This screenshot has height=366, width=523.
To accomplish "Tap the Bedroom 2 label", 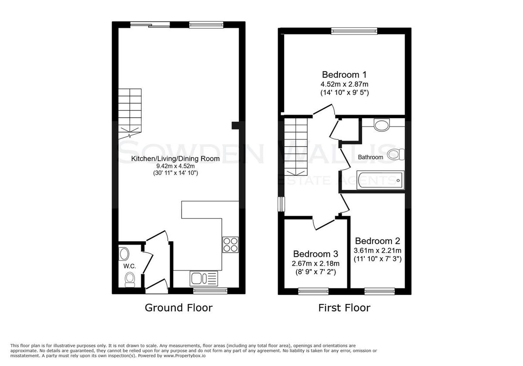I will tap(377, 241).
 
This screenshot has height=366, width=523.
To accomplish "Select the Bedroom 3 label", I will tap(316, 254).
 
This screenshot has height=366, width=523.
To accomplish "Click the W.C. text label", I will tap(130, 266).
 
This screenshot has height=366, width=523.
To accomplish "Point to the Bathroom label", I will tap(370, 157).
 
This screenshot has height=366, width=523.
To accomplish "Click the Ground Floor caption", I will tap(178, 308).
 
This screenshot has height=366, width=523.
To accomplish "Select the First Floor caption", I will tap(344, 308).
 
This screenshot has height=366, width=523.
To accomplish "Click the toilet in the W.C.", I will tap(129, 279).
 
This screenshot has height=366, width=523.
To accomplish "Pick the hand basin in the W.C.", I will tap(124, 254).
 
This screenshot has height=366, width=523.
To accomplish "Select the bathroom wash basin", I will tap(382, 125).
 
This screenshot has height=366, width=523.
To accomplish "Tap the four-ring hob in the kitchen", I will tap(231, 244).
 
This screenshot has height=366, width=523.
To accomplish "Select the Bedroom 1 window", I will tap(354, 31).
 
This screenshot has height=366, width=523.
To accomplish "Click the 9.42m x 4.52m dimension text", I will tap(175, 166).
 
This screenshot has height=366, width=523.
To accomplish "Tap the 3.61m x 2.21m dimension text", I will tap(377, 250).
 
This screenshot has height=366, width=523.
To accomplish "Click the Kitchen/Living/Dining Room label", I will tap(175, 159).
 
